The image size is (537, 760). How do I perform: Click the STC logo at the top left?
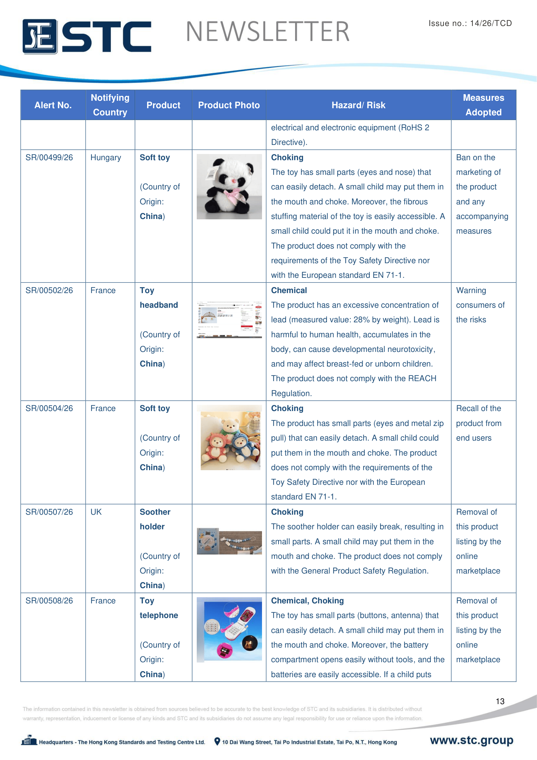[87, 36]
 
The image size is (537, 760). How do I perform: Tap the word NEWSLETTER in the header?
[268, 32]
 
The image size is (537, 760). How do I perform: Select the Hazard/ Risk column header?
[358, 105]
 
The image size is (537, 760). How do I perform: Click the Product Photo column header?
[229, 105]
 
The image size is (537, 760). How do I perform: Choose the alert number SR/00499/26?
[49, 158]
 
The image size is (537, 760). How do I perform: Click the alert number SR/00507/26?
[49, 512]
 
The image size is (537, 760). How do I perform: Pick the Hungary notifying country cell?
[106, 158]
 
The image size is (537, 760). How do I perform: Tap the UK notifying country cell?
[96, 512]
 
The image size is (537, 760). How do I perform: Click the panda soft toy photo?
[229, 187]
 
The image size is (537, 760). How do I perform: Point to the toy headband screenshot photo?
[229, 319]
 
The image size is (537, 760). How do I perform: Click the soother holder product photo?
[229, 541]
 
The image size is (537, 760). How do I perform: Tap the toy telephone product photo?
[229, 629]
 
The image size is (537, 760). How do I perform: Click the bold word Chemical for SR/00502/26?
[289, 290]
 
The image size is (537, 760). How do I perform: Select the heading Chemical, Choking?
[307, 600]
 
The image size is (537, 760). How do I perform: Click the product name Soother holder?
[155, 519]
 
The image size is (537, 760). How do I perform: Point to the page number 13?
[500, 701]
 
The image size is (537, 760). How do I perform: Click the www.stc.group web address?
[471, 740]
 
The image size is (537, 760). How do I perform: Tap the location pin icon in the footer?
[217, 741]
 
